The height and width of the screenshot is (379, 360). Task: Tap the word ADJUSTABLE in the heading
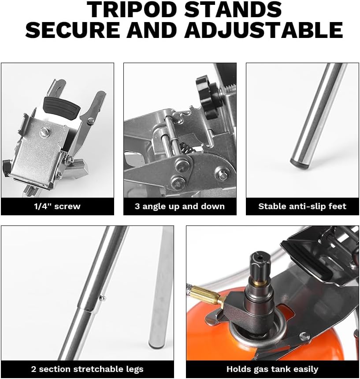tap(264, 30)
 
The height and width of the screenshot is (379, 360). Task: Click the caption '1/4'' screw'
tap(57, 206)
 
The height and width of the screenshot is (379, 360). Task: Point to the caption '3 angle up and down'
tap(180, 206)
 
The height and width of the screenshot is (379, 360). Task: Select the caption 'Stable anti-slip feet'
tap(302, 206)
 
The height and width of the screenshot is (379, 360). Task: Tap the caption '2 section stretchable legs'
tap(87, 369)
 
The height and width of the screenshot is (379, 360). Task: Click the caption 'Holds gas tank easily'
tap(272, 369)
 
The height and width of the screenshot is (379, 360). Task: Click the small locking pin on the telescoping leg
tap(102, 298)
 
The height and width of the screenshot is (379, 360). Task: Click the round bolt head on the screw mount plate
tap(44, 132)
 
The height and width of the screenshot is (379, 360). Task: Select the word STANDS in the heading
tap(234, 9)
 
